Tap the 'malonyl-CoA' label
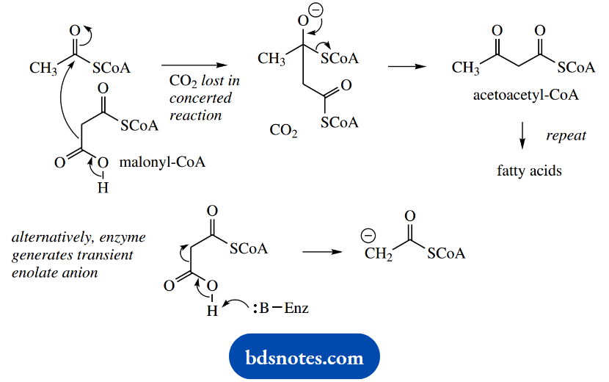click(x=164, y=162)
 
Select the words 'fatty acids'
click(x=529, y=170)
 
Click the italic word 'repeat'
click(x=566, y=136)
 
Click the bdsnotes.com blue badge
click(x=304, y=358)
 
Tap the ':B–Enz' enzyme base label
click(x=282, y=308)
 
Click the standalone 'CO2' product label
click(x=283, y=131)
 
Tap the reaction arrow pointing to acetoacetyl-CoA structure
click(x=406, y=66)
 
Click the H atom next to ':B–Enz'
click(x=213, y=310)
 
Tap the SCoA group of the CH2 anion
click(x=446, y=254)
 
